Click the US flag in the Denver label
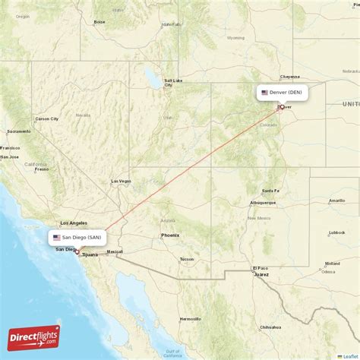coord(264,93)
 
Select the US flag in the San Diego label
coord(57,237)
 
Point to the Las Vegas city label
coord(121,181)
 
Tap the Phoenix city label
coord(170,235)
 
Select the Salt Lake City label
coord(172,81)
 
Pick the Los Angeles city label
coord(73,223)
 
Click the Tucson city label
coord(187,259)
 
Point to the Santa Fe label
coord(270,191)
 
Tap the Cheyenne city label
coord(290,76)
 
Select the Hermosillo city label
coord(190,318)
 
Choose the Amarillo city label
coord(336,201)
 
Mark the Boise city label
coord(99,22)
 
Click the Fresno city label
coord(41,169)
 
